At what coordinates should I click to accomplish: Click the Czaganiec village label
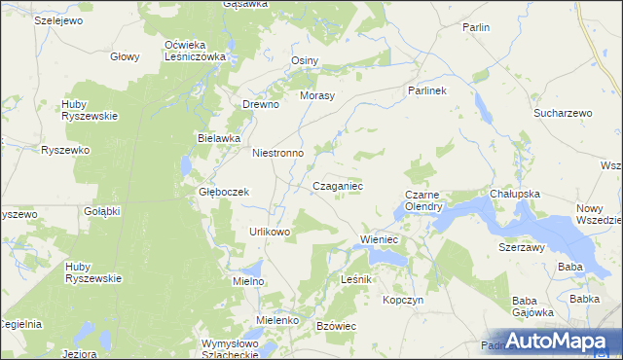[x=338, y=185]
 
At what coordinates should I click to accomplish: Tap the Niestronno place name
[x=278, y=153]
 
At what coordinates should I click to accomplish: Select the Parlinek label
[x=426, y=90]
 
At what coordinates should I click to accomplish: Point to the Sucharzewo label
[x=563, y=113]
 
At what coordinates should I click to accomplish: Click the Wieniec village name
[x=382, y=238]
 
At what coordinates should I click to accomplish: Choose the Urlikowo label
[x=271, y=232]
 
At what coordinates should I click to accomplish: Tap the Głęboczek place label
[x=225, y=192]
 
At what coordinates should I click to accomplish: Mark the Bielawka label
[x=218, y=138]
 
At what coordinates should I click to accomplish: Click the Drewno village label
[x=261, y=104]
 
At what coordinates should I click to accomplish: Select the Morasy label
[x=317, y=95]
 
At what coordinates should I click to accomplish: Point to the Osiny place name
[x=306, y=60]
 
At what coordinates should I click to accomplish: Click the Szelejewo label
[x=31, y=19]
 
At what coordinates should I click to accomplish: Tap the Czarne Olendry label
[x=424, y=200]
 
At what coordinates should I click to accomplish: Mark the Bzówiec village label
[x=339, y=325]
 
